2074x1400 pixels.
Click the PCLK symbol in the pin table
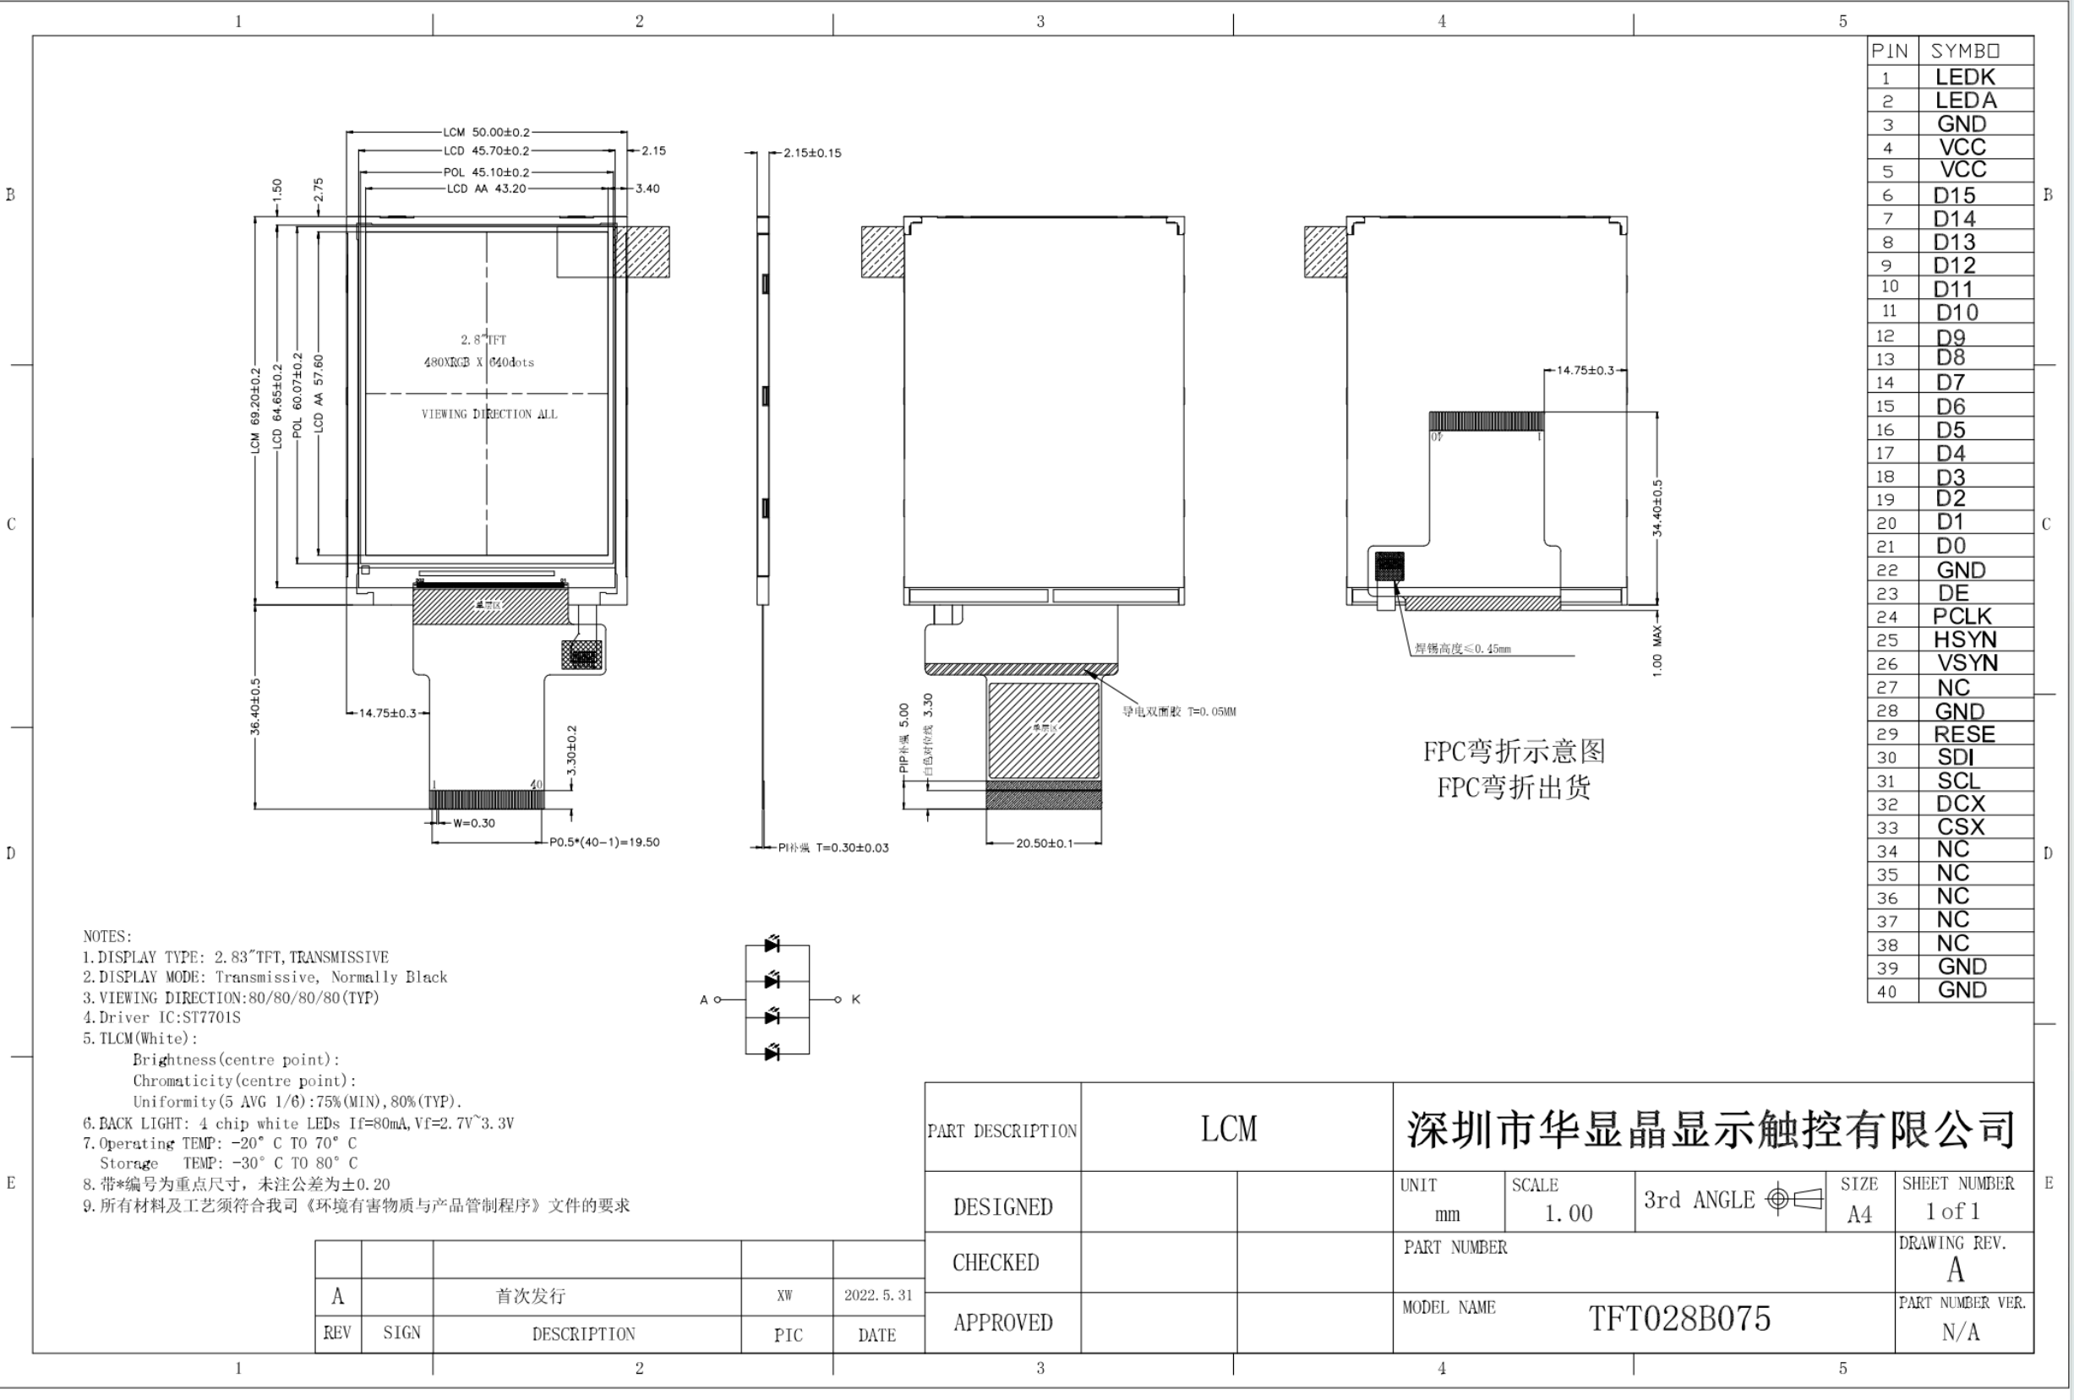point(1962,617)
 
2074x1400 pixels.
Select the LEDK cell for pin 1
point(1964,77)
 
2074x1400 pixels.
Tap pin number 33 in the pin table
point(1886,828)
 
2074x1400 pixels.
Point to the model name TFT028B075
point(1678,1319)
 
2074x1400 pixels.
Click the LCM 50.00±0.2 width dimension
point(486,132)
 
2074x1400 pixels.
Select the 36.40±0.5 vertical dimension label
point(255,706)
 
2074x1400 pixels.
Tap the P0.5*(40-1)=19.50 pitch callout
point(604,842)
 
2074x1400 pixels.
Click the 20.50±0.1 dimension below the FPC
point(1044,843)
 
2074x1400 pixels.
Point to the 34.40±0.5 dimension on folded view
point(1657,509)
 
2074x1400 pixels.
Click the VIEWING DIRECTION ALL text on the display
point(489,414)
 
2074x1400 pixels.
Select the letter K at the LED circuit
point(856,1000)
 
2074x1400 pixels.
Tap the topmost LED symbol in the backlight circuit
point(772,944)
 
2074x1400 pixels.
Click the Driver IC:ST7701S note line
point(161,1018)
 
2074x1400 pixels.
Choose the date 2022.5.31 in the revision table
point(878,1295)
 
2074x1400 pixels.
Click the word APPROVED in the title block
point(1002,1322)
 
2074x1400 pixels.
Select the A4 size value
point(1859,1214)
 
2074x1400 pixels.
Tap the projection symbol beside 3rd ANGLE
point(1793,1199)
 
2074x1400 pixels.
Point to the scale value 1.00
point(1568,1213)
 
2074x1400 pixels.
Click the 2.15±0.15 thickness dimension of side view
point(811,154)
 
